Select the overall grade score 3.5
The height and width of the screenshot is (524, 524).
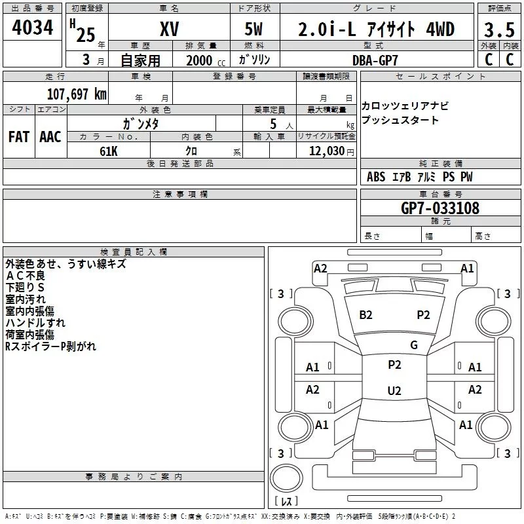[498, 30]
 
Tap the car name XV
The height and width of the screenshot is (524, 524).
[169, 29]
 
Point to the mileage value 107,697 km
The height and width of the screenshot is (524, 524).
[77, 94]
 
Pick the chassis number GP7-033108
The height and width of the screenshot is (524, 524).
[440, 208]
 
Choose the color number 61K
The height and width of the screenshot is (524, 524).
[109, 150]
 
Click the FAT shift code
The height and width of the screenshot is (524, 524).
[18, 136]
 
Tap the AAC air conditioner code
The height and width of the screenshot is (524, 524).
[50, 136]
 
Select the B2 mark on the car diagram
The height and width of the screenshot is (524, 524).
[365, 315]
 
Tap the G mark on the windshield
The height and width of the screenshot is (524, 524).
[413, 345]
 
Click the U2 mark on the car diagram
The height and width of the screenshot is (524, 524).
[394, 391]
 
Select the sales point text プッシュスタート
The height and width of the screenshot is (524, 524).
[400, 121]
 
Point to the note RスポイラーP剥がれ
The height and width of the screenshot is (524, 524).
[50, 346]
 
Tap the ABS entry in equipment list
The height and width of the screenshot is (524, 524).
[376, 178]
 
